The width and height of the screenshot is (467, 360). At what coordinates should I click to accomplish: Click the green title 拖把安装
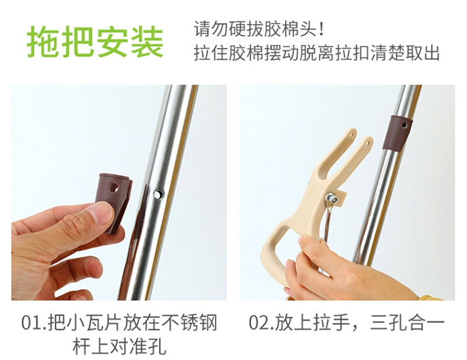tap(95, 42)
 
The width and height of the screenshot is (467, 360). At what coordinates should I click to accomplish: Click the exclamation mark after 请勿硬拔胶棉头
tap(321, 29)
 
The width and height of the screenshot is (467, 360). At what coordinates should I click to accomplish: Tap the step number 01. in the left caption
tap(34, 323)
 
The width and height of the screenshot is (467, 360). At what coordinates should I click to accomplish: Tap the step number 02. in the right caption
tap(261, 323)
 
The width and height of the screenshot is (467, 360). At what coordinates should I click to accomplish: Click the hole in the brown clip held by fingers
tap(113, 187)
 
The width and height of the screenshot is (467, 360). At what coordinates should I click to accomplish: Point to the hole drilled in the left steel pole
tap(158, 194)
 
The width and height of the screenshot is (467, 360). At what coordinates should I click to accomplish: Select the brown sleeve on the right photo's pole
tap(398, 133)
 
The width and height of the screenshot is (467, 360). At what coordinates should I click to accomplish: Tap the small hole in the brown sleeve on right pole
tap(404, 125)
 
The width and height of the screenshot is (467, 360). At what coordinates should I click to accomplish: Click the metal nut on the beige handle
tap(331, 198)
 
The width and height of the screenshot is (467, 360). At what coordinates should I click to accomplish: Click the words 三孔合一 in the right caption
tap(407, 323)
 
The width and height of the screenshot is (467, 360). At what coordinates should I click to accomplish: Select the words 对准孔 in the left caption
tap(138, 346)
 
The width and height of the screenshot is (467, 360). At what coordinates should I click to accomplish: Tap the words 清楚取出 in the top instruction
tap(405, 53)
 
